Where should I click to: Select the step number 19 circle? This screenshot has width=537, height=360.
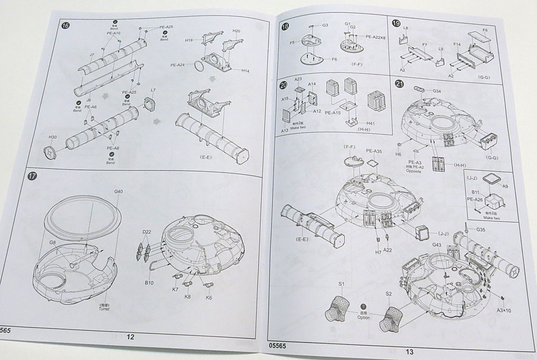(396, 23)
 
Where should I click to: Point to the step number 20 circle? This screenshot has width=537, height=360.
(284, 85)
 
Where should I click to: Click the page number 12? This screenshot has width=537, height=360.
(130, 337)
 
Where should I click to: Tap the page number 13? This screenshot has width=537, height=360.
(410, 352)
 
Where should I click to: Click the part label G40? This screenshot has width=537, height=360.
(118, 192)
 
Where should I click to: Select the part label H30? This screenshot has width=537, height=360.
(53, 138)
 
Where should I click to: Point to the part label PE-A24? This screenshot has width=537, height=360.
(178, 65)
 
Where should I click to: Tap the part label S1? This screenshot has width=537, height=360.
(341, 283)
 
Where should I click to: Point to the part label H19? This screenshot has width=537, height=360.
(189, 40)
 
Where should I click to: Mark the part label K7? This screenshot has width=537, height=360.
(175, 290)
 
